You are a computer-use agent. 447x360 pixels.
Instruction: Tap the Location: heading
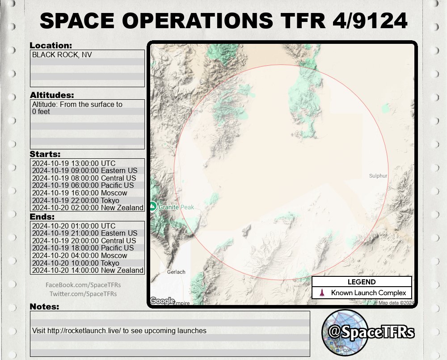(x=51, y=46)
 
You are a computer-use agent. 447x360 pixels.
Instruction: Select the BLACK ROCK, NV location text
(x=62, y=55)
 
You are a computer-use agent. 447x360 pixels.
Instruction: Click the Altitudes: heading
(x=52, y=95)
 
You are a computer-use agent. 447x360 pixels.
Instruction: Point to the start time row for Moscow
(x=80, y=193)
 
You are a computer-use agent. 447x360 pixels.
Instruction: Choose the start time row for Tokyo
(x=76, y=200)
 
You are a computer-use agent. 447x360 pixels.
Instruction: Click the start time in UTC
(x=74, y=163)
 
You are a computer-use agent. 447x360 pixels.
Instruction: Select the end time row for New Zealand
(x=88, y=270)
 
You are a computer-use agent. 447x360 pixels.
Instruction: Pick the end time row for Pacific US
(x=83, y=248)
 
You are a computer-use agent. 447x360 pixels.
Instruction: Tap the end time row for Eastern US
(x=84, y=233)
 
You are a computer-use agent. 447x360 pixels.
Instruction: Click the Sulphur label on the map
(x=378, y=176)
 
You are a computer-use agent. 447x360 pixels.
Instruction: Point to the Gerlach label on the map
(x=176, y=272)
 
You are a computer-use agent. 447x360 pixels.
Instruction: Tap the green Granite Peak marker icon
(x=152, y=207)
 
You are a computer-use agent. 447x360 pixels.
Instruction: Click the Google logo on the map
(x=162, y=301)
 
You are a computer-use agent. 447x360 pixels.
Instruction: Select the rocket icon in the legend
(x=321, y=293)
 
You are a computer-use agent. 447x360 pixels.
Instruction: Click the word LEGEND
(x=362, y=282)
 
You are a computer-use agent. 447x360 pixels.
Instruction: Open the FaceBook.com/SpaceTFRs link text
(x=83, y=285)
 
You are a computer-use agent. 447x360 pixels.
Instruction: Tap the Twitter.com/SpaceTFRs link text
(x=83, y=294)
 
